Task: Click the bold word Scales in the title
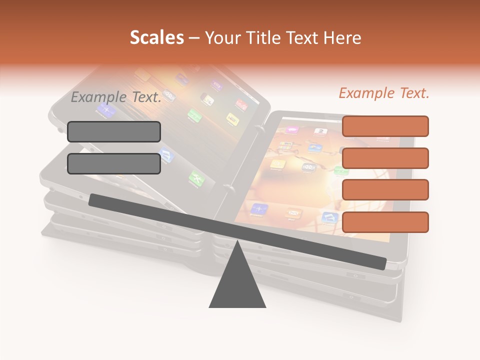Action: click(x=156, y=38)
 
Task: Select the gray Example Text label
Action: click(x=116, y=97)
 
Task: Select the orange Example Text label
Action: click(x=384, y=93)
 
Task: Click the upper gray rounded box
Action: click(x=114, y=131)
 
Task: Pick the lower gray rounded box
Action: click(x=114, y=163)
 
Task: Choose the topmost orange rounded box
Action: click(x=385, y=126)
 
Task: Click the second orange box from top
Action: click(x=385, y=158)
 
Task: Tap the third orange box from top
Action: click(x=385, y=190)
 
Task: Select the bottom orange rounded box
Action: click(x=385, y=222)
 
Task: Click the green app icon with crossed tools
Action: click(x=195, y=178)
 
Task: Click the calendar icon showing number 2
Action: click(x=320, y=132)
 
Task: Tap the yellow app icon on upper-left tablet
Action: click(x=231, y=118)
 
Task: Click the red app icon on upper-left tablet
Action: click(x=241, y=104)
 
